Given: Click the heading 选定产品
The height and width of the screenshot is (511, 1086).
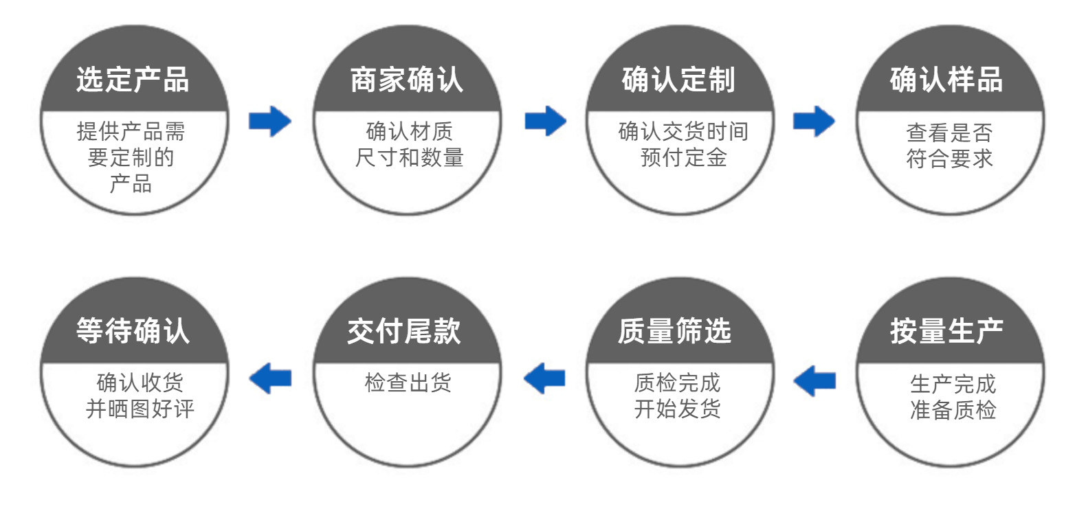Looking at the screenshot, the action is [133, 80].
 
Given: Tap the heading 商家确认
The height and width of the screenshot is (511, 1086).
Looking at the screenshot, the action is [407, 80].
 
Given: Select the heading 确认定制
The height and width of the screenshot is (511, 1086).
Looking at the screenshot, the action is [678, 80].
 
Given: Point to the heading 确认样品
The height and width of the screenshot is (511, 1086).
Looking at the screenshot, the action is [946, 80].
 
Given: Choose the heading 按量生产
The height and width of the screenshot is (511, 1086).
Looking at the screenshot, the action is [946, 331].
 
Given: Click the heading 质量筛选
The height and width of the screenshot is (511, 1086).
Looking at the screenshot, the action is [674, 331].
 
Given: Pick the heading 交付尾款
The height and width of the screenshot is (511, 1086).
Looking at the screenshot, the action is [404, 331].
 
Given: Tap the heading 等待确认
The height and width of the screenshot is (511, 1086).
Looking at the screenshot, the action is [133, 331].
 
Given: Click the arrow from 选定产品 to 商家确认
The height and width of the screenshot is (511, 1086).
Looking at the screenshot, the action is [270, 122].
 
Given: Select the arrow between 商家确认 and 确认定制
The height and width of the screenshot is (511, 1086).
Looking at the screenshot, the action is [545, 122].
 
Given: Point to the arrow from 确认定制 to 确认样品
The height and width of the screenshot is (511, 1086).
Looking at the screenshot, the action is [814, 122].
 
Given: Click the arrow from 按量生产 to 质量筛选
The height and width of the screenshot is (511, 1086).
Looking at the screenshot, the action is [814, 380].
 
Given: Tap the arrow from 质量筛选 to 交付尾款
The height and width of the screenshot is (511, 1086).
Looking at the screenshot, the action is [544, 378].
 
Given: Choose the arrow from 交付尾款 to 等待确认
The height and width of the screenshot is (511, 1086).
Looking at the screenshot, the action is [270, 378].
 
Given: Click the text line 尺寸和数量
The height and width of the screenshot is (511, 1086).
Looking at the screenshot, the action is [409, 158].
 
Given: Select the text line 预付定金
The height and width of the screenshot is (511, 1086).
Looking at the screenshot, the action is [683, 158].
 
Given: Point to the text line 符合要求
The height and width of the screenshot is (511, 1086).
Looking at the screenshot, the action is [949, 159].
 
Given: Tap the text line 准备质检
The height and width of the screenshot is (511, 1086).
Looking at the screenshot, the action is [953, 410].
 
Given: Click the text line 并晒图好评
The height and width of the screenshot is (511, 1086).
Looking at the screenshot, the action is [140, 409].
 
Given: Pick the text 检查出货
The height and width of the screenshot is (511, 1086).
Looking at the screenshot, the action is [408, 383].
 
